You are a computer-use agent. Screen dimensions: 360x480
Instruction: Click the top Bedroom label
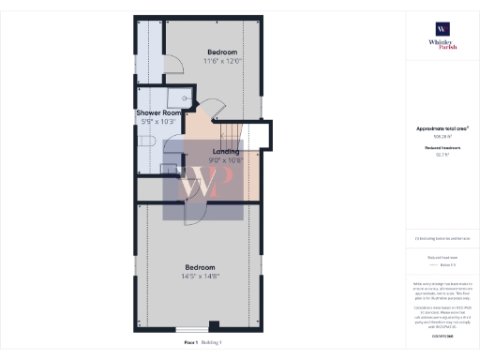coord(222,52)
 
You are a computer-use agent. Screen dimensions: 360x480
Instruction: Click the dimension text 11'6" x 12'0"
coord(222,62)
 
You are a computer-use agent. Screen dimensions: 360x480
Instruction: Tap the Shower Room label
coord(158,112)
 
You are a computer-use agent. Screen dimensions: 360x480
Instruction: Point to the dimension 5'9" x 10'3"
coord(158,122)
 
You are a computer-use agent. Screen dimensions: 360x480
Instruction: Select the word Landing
coord(226,151)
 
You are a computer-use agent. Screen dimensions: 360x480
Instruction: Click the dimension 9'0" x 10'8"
coord(226,160)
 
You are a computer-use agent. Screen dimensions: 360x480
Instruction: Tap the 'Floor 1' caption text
coord(190,343)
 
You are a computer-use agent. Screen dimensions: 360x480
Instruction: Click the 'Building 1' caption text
coord(213,343)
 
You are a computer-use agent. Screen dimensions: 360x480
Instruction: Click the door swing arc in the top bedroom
coord(173,66)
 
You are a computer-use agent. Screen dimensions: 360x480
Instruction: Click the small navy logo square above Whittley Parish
coord(442,28)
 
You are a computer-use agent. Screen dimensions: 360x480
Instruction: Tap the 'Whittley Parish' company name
coord(442,44)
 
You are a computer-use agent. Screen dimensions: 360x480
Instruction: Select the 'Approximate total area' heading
coord(442,128)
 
